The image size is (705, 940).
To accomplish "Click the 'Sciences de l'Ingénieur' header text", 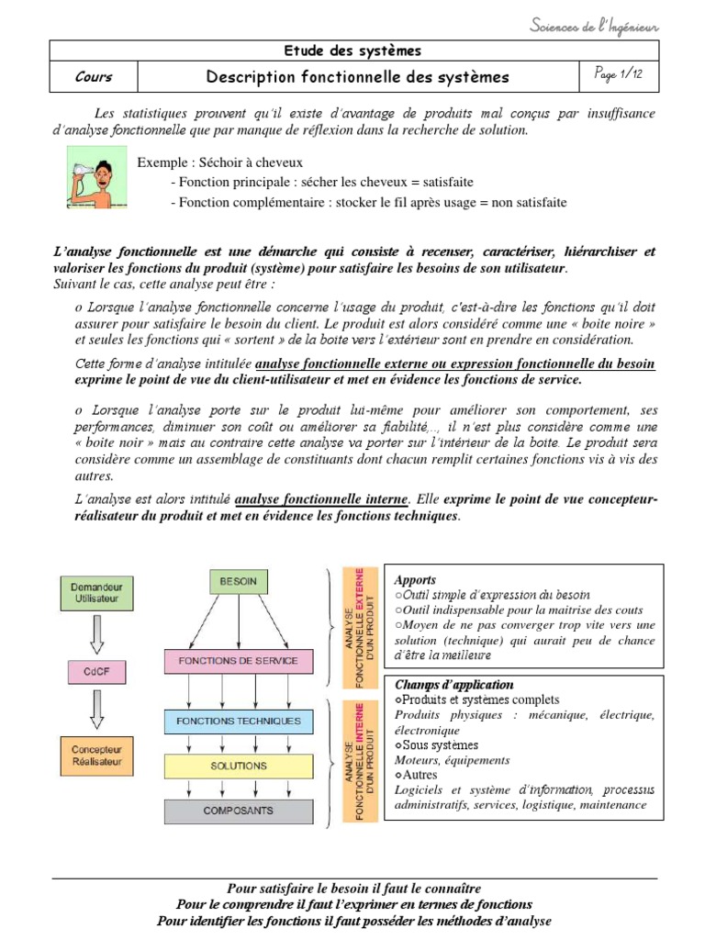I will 595,26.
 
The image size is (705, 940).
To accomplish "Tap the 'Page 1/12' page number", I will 620,76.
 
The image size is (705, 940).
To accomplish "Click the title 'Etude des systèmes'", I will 353,50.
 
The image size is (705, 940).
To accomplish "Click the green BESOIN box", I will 239,581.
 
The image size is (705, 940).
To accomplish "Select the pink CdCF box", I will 96,674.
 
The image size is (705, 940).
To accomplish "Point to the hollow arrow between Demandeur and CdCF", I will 96,634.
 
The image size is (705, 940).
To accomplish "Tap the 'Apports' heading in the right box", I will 415,580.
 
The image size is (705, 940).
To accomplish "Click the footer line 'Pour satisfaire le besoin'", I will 353,889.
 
